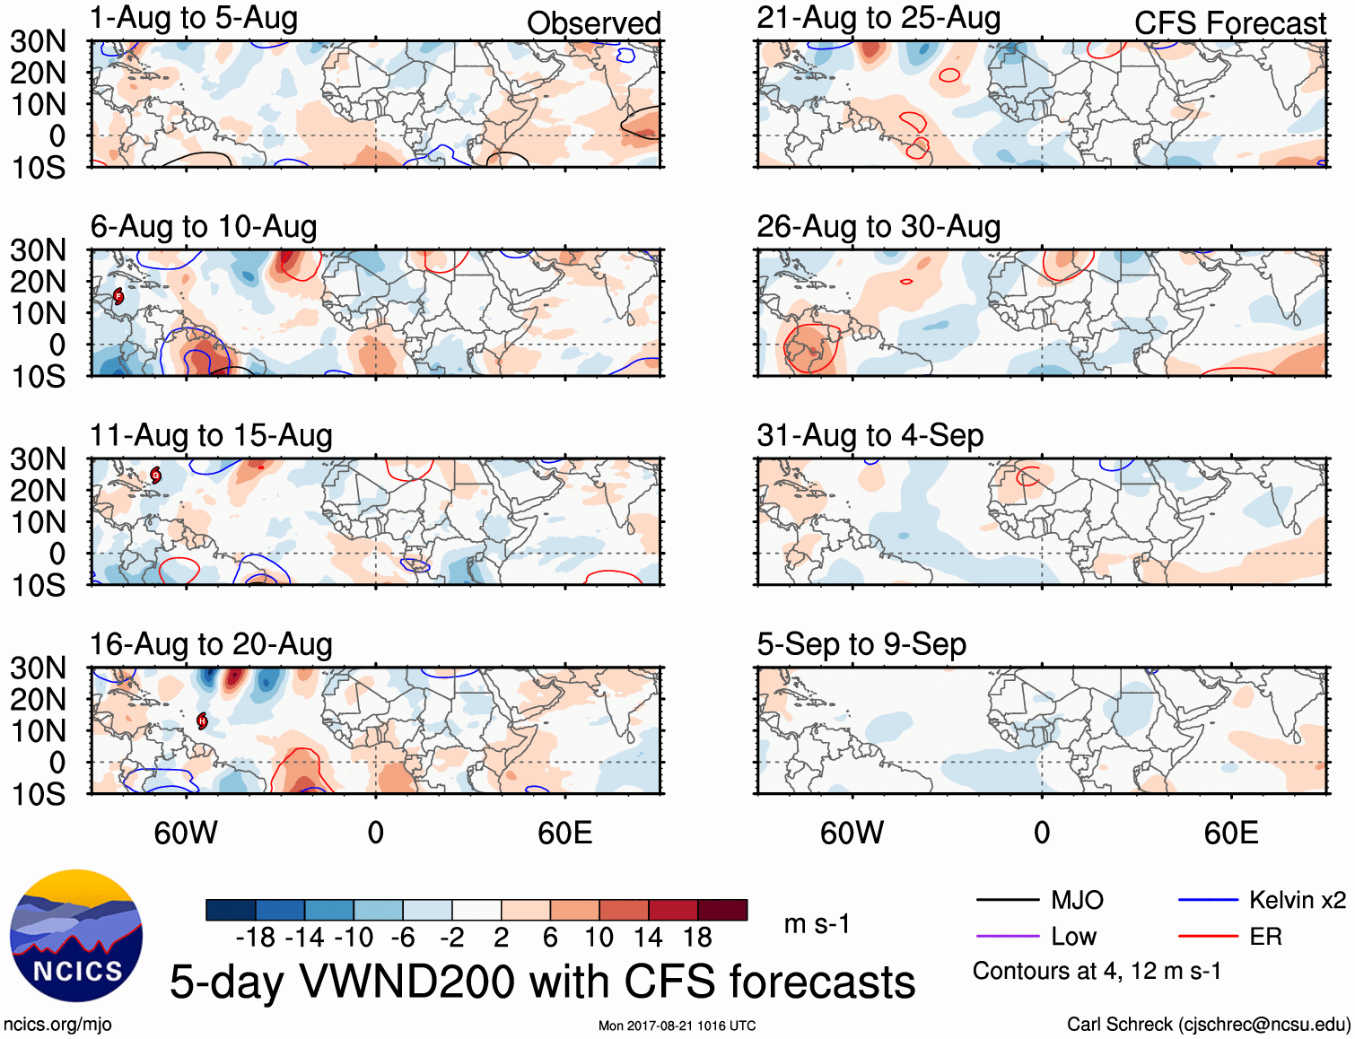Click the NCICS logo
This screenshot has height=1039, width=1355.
click(76, 936)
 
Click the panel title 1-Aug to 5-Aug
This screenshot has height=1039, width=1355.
click(194, 18)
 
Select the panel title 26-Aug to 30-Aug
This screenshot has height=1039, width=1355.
click(879, 227)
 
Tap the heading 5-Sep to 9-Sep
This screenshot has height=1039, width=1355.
click(861, 644)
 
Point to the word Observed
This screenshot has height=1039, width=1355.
click(593, 23)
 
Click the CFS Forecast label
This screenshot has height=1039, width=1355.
click(1229, 23)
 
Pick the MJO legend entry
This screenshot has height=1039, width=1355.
click(1041, 900)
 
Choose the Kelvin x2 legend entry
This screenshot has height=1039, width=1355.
click(1262, 900)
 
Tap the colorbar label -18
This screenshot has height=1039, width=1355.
click(256, 938)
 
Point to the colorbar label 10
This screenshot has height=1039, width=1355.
click(599, 938)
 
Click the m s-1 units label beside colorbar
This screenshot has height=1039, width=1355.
click(817, 924)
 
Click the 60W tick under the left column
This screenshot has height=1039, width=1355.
click(186, 833)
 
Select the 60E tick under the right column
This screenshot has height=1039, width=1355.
click(1231, 833)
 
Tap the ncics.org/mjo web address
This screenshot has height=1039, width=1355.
click(57, 1025)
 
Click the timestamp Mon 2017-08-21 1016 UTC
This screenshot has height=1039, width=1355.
click(677, 1026)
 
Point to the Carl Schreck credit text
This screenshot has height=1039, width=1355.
click(1208, 1025)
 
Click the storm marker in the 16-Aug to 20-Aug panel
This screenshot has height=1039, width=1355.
click(202, 720)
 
